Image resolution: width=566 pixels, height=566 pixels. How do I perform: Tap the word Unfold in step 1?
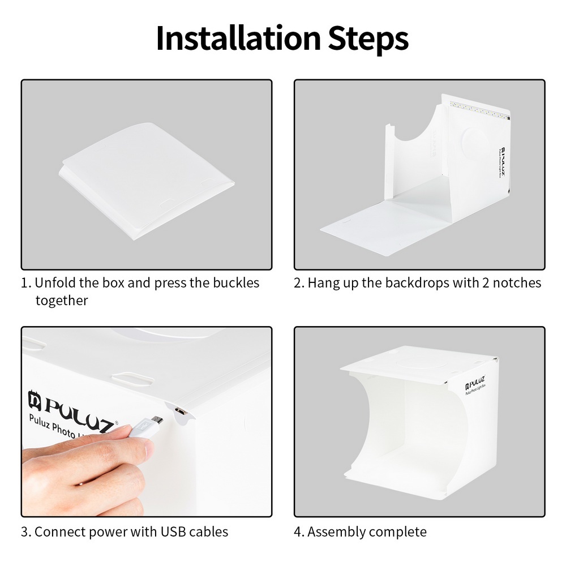click(55, 282)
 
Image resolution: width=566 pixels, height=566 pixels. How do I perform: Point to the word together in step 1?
click(62, 301)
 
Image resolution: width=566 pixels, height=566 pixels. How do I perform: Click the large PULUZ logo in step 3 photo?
click(72, 410)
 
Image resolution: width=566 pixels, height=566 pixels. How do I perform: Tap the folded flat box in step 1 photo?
click(146, 181)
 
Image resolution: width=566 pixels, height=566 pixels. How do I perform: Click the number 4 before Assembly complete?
click(298, 532)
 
